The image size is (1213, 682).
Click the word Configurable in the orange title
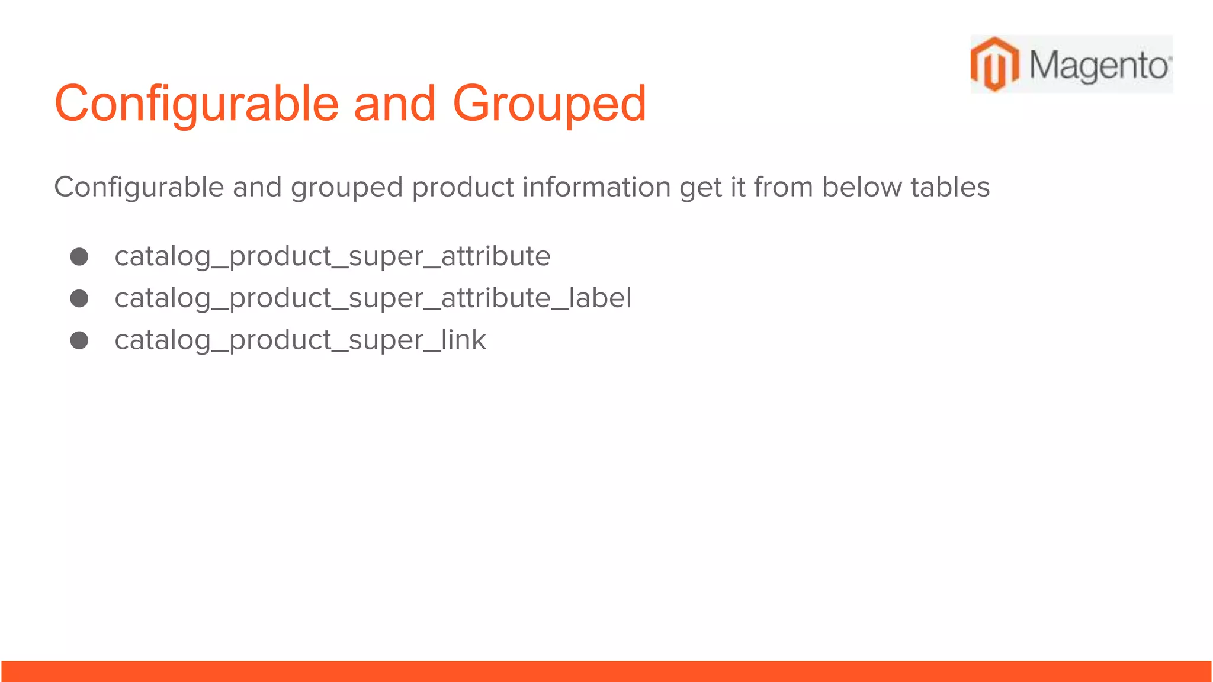[196, 104]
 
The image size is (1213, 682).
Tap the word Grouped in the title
[549, 104]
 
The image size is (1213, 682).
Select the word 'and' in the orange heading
[394, 104]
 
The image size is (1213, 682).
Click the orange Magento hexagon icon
[995, 64]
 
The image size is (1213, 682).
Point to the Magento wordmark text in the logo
[1099, 65]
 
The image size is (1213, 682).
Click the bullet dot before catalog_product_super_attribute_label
[79, 298]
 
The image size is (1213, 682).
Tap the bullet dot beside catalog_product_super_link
[79, 340]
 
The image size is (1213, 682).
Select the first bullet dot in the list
[79, 256]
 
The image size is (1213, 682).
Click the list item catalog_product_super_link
[300, 340]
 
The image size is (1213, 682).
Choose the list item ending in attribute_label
[373, 298]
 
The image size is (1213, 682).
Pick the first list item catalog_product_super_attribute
[332, 256]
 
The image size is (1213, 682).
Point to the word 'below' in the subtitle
[861, 187]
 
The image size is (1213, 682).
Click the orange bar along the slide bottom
[606, 671]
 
